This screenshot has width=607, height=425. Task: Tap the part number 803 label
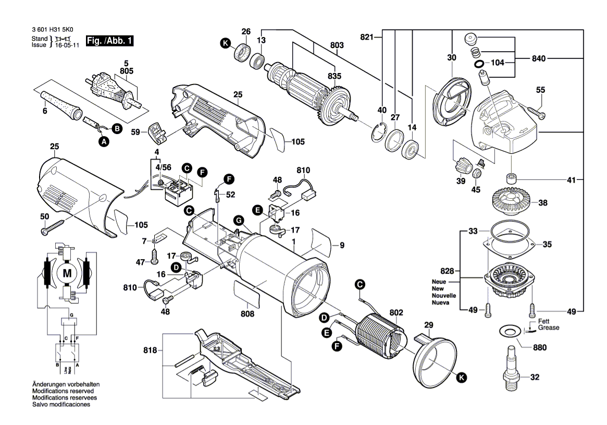(337, 46)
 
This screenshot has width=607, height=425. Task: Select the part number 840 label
(539, 59)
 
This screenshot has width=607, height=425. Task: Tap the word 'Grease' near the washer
(549, 328)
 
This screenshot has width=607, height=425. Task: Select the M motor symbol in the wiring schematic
(67, 272)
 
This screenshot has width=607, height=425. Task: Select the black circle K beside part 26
(226, 44)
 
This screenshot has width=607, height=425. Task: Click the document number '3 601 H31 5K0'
(53, 31)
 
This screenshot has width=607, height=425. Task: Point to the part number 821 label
(368, 37)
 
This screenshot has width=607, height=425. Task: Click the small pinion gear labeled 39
(462, 167)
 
